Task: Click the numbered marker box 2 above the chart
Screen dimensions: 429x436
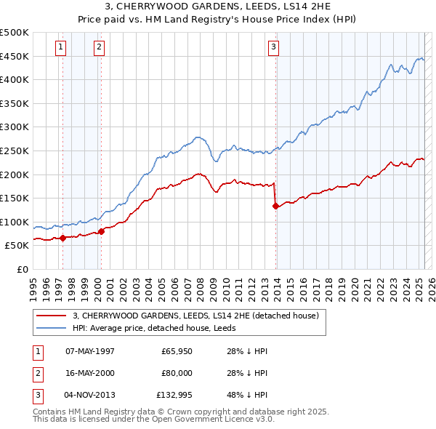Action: click(98, 48)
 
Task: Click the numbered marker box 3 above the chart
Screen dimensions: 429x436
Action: click(273, 48)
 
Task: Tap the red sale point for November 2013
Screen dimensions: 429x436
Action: click(275, 206)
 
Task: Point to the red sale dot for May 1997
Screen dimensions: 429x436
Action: click(63, 238)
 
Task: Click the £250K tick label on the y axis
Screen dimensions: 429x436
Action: click(15, 151)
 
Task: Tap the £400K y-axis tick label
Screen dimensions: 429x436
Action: click(15, 79)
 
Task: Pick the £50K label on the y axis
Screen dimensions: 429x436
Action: click(17, 246)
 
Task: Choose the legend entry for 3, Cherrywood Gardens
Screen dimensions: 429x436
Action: click(195, 316)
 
